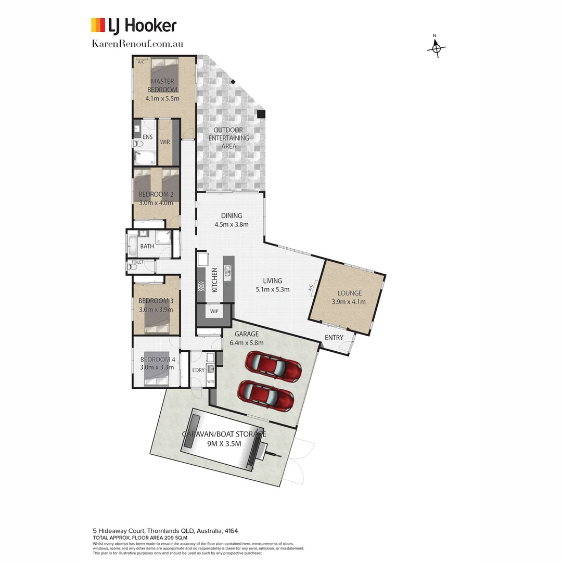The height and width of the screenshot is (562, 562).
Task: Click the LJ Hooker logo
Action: pyautogui.click(x=134, y=25)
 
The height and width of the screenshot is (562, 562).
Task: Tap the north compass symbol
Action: pyautogui.click(x=437, y=47)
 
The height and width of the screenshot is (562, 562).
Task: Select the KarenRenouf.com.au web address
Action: pyautogui.click(x=137, y=44)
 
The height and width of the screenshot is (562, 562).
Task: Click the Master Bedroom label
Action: pyautogui.click(x=162, y=85)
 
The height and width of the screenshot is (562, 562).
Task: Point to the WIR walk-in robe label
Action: pyautogui.click(x=165, y=142)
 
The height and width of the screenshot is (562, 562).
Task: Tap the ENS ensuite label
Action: pyautogui.click(x=148, y=137)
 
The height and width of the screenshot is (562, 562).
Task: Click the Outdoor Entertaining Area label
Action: pyautogui.click(x=229, y=138)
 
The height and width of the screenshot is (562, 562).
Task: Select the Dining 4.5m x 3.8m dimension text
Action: pyautogui.click(x=232, y=225)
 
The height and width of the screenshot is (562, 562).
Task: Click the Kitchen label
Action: pyautogui.click(x=214, y=279)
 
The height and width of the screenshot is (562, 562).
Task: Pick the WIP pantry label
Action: pyautogui.click(x=214, y=311)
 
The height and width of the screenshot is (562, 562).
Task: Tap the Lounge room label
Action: pyautogui.click(x=349, y=293)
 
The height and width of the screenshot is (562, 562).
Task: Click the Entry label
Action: pyautogui.click(x=334, y=338)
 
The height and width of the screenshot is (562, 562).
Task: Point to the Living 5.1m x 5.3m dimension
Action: pyautogui.click(x=272, y=289)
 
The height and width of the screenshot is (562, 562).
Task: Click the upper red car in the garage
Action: pyautogui.click(x=274, y=366)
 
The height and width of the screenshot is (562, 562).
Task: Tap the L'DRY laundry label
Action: pyautogui.click(x=198, y=370)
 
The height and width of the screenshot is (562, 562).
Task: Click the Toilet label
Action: pyautogui.click(x=137, y=262)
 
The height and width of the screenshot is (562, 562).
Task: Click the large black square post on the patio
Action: pyautogui.click(x=261, y=114)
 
